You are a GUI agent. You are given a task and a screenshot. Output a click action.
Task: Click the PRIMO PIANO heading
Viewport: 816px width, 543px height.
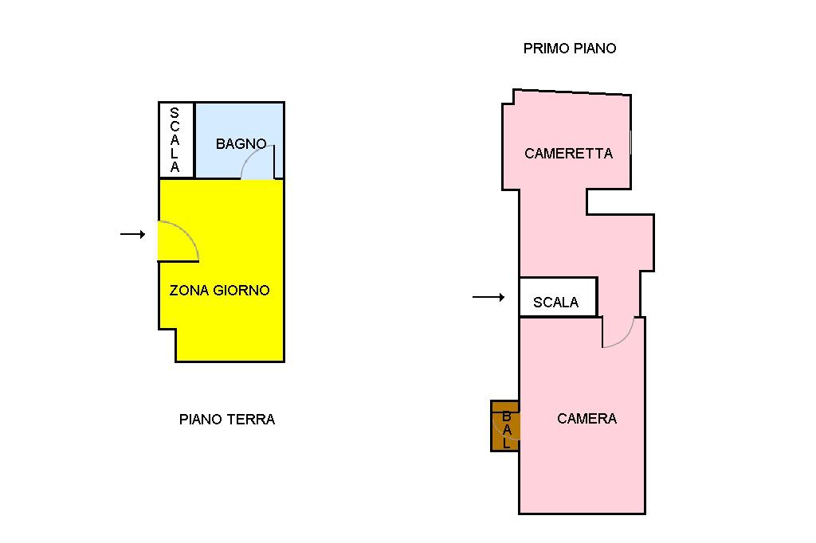tap(570, 49)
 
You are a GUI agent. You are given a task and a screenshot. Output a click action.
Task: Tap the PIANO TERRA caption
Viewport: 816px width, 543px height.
tap(227, 420)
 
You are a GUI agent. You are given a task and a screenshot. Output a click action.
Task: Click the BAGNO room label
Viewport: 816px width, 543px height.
tap(241, 143)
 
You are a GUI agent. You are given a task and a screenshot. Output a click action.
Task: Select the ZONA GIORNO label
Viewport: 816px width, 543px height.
tap(220, 291)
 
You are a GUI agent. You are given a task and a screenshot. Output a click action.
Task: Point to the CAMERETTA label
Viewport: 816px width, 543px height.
tap(568, 154)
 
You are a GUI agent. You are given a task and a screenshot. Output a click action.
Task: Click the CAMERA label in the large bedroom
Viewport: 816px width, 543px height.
tap(586, 419)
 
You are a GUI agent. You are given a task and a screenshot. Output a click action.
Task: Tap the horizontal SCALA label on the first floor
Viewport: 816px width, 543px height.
tap(555, 303)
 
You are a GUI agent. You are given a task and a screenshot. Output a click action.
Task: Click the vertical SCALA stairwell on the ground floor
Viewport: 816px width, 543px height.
tap(176, 140)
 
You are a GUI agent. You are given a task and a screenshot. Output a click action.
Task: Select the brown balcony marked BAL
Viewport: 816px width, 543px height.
tap(504, 425)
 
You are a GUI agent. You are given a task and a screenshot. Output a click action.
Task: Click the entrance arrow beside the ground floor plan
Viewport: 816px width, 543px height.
tap(133, 235)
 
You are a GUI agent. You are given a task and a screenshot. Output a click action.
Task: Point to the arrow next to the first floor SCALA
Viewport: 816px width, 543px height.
tap(488, 297)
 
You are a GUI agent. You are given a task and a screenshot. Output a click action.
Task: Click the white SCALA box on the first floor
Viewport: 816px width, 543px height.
tap(558, 297)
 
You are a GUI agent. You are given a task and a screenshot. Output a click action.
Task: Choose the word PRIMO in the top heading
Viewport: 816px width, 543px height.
tap(543, 49)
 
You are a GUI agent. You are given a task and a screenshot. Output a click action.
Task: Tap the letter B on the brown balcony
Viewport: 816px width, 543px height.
tap(506, 416)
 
